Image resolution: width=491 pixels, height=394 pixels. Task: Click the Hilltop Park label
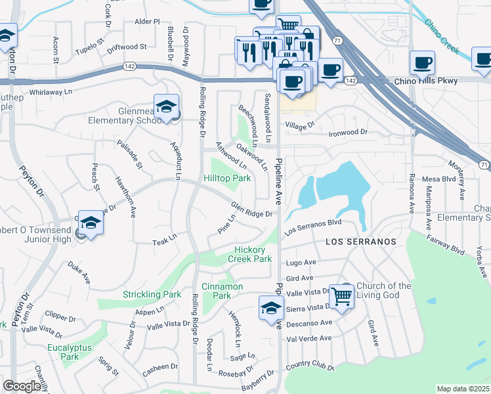click(x=226, y=178)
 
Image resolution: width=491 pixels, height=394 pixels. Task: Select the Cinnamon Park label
click(x=222, y=291)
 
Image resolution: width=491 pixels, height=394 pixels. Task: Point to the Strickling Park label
click(x=152, y=295)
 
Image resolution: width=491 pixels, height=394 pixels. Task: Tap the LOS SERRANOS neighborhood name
click(x=361, y=242)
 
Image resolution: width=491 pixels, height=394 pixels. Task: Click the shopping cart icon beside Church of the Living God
click(x=341, y=297)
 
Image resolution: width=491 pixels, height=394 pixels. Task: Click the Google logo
click(x=22, y=386)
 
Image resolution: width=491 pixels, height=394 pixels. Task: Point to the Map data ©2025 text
click(x=463, y=389)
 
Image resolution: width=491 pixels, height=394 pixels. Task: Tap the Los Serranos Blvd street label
click(x=312, y=227)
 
